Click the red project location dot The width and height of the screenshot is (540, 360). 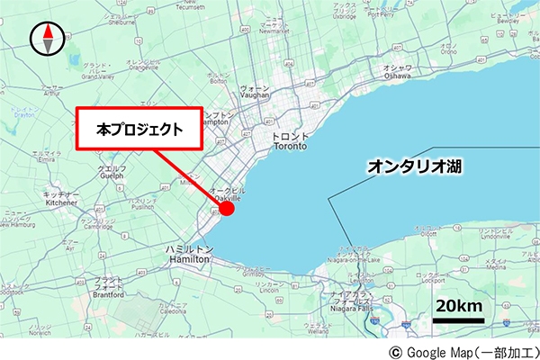click(227, 209)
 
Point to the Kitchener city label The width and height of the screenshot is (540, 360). click(62, 199)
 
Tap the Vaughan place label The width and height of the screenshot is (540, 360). click(256, 93)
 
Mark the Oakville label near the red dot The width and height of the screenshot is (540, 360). click(227, 195)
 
